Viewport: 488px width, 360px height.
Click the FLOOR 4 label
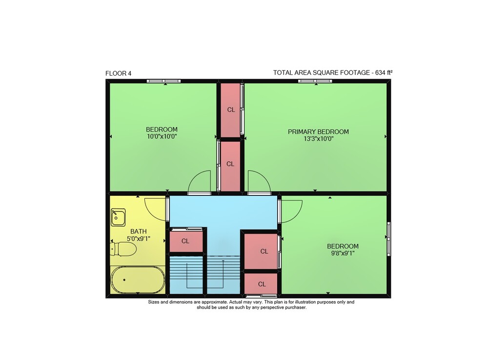(x=118, y=73)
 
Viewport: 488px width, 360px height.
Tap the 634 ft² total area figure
(x=384, y=73)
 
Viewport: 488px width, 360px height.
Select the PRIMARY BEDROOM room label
(x=318, y=132)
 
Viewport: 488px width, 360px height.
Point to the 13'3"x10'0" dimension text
(x=318, y=139)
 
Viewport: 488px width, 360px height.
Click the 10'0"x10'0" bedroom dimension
(x=162, y=136)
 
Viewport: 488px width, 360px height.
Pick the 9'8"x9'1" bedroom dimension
(x=343, y=253)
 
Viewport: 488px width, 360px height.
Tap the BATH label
(x=139, y=232)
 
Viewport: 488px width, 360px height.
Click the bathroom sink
(x=118, y=217)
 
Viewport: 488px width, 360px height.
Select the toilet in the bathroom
(x=123, y=249)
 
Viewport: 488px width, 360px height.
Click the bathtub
(x=138, y=280)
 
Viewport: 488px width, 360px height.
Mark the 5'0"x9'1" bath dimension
(x=139, y=238)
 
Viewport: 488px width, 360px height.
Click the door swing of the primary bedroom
(x=259, y=183)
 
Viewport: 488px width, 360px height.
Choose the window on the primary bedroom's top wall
(x=315, y=81)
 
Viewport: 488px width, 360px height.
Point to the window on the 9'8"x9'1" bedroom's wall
(x=389, y=239)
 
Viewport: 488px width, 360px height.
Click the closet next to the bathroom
(x=186, y=241)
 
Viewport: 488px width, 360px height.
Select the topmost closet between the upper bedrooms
(x=231, y=110)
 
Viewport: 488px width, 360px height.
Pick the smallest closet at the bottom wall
(x=261, y=284)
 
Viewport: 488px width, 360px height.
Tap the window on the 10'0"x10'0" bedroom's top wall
(x=163, y=81)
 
